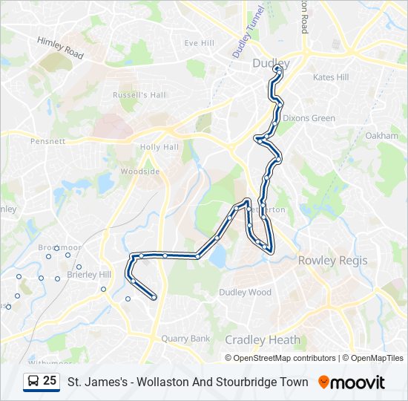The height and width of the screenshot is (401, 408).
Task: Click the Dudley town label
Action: tap(271, 63)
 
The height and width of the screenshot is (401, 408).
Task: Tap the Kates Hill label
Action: tap(330, 77)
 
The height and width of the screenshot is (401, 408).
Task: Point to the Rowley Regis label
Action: tap(328, 261)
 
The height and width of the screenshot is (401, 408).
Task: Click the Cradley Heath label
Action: tap(263, 340)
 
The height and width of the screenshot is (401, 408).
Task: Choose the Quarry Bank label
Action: tap(185, 339)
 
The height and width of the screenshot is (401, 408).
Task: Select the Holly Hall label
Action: tap(159, 147)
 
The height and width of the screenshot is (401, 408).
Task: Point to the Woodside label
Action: tap(140, 172)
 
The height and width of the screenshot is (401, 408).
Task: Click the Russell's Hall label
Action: tap(139, 95)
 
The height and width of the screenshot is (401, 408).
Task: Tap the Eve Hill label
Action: tap(199, 43)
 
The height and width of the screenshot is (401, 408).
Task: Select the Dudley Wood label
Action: tap(245, 293)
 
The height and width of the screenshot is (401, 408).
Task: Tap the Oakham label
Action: tap(382, 136)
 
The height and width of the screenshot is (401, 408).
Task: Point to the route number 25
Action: tap(50, 380)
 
